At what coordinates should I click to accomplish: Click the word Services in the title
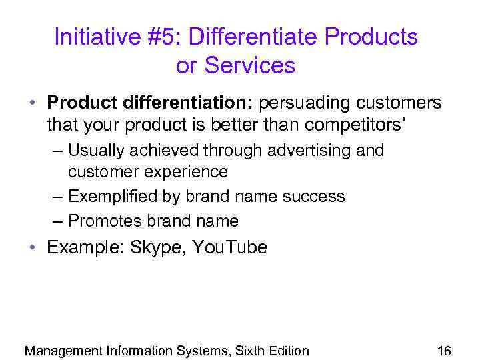coord(250,65)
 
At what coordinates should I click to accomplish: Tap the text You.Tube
coord(229,248)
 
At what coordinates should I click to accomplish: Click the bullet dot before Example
coord(32,248)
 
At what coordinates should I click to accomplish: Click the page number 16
coord(444,351)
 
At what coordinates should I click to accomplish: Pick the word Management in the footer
coord(63,351)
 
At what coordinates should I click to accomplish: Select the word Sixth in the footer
coord(255,351)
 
